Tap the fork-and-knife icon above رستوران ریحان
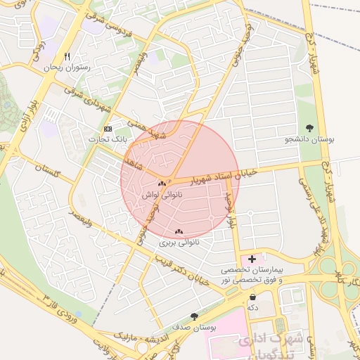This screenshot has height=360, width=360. point(67,56)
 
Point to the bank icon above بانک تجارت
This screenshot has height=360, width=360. point(108,129)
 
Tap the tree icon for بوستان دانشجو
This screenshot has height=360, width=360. point(309,128)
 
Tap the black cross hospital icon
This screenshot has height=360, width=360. point(252,259)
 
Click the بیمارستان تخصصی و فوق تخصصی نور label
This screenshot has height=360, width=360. point(251,275)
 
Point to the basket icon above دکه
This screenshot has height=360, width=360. point(252,297)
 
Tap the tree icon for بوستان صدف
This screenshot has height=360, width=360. point(194,317)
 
